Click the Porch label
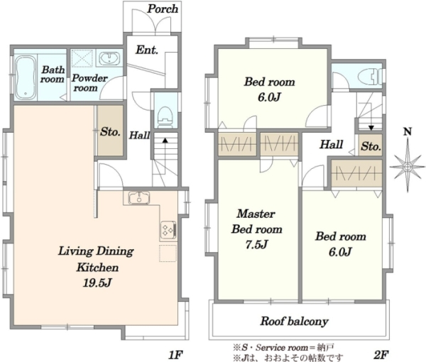pos(163,9)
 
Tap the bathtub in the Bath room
pos(26,77)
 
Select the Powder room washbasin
pos(109,59)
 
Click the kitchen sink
pos(139,197)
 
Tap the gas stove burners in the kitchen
pos(168,230)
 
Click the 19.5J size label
pos(97,283)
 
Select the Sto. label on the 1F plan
pos(110,132)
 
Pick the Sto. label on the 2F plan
pos(371,147)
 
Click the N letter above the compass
pos(407,132)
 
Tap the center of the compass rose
pos(408,167)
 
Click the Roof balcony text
pos(295,322)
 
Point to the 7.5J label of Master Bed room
pos(257,244)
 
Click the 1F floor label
pos(175,355)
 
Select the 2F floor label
pos(381,354)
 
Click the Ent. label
pos(147,50)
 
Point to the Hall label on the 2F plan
pos(332,144)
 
